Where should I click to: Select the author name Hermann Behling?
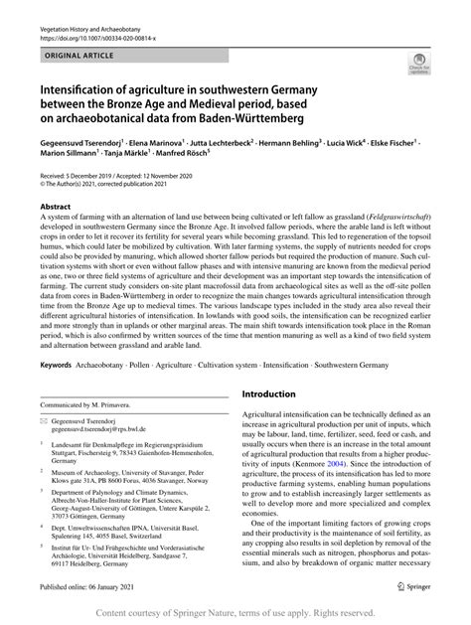(284, 143)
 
